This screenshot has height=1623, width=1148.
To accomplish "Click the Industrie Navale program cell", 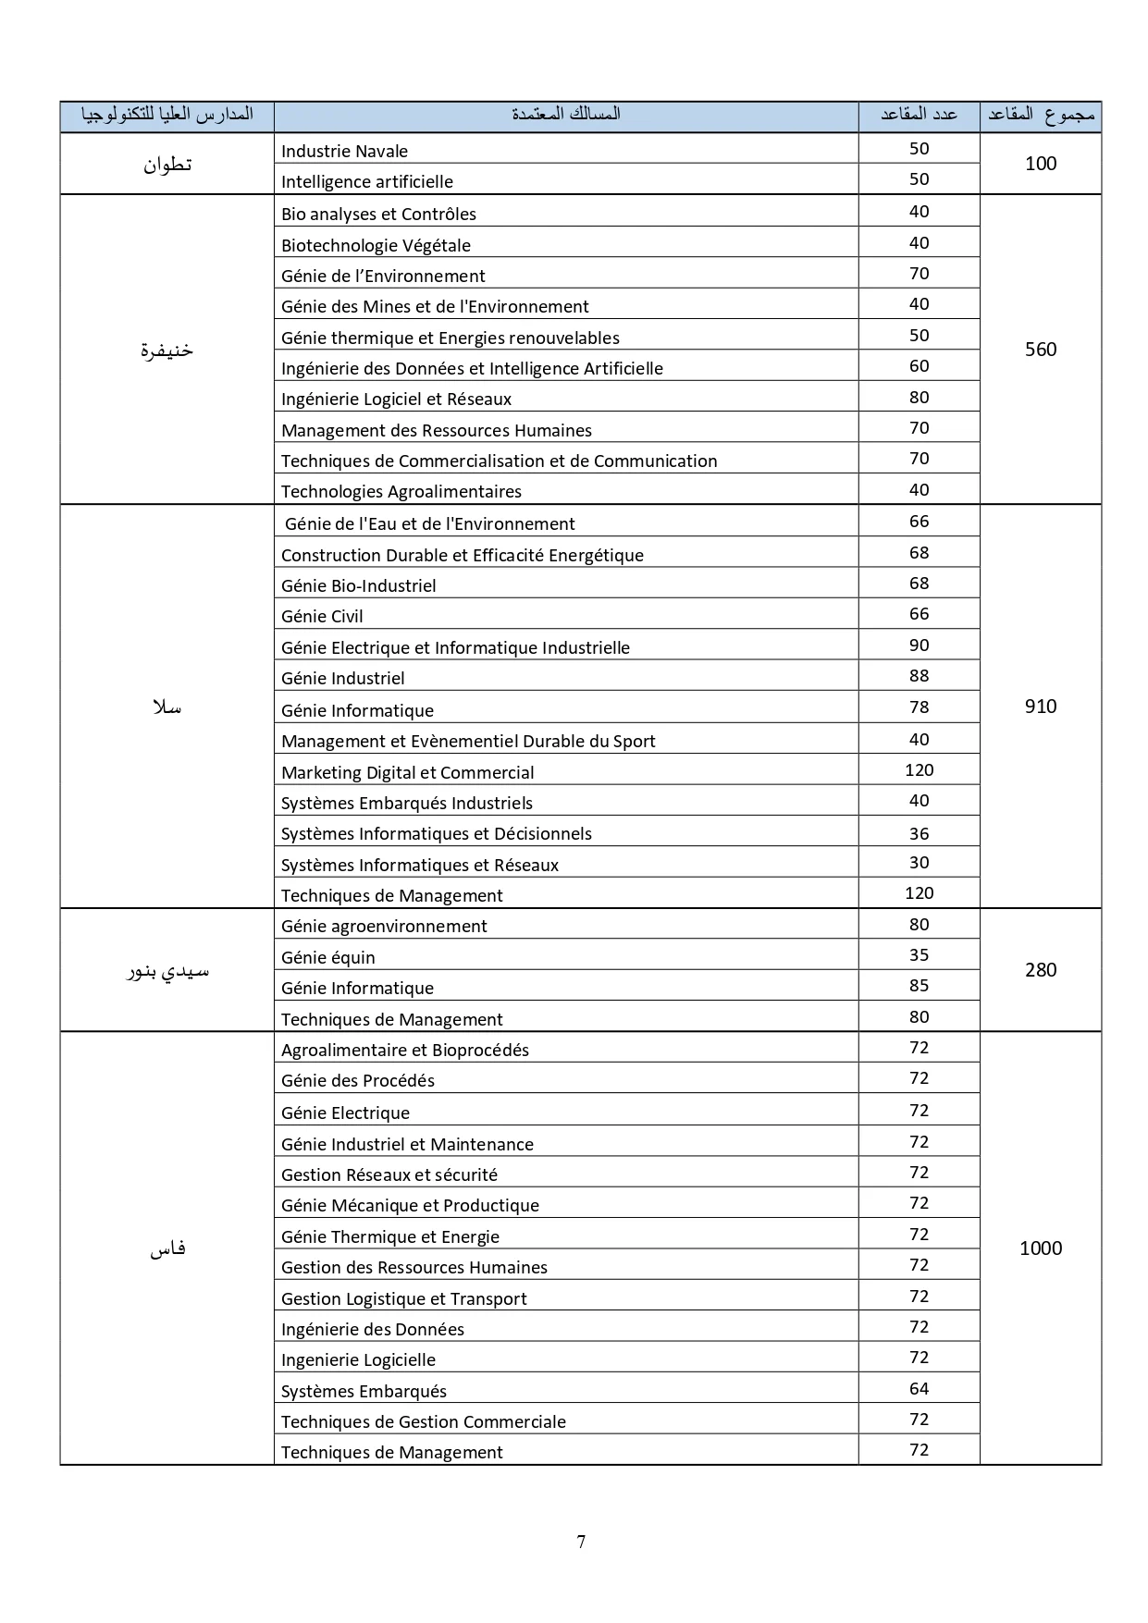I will click(344, 151).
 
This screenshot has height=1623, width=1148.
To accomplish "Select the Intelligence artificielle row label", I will click(366, 181).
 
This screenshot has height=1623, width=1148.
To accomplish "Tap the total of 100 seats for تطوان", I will click(1040, 164).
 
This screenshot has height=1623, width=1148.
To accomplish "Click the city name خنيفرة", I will click(167, 350).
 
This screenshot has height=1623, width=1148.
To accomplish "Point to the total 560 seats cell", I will click(1040, 350).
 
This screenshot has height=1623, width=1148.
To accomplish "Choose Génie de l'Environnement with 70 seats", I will click(383, 276).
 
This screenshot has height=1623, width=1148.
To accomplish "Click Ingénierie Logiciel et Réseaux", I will click(396, 399).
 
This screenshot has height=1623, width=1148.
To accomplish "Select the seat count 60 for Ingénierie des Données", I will click(919, 366).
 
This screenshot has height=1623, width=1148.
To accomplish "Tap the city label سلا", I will click(167, 707).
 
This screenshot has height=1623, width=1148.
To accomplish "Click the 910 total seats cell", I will click(1040, 707).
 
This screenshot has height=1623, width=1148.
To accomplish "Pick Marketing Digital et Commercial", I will click(407, 772).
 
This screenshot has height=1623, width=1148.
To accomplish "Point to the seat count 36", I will click(919, 833).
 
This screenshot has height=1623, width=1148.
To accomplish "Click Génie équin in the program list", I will click(327, 957).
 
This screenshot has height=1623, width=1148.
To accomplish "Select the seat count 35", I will click(919, 955).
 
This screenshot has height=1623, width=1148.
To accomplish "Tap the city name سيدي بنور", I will click(167, 971).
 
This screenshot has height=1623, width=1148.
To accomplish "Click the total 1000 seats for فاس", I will click(1040, 1248).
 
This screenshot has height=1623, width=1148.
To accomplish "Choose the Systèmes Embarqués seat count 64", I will click(919, 1388).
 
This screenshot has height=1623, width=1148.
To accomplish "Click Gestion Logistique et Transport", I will click(403, 1298).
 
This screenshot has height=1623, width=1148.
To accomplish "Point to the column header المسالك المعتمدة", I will click(565, 114).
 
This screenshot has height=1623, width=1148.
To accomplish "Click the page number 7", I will click(581, 1542).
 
